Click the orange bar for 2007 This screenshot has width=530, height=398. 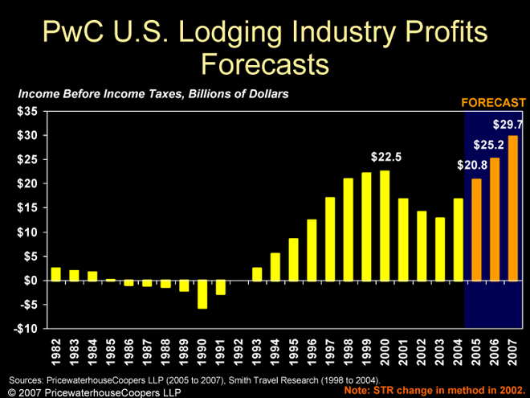pos(513,208)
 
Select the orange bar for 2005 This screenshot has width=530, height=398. pos(476,230)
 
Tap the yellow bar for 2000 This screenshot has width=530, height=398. pos(385,226)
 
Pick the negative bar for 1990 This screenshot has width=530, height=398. pos(202,294)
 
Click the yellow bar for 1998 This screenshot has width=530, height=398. pos(349,229)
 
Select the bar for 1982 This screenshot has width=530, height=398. pos(56,274)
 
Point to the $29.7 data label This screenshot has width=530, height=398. pos(508,125)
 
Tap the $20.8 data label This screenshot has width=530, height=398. pos(472,165)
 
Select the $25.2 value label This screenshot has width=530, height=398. pos(488,146)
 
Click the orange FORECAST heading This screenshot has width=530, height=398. pos(493,102)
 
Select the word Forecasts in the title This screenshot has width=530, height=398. pos(265,63)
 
